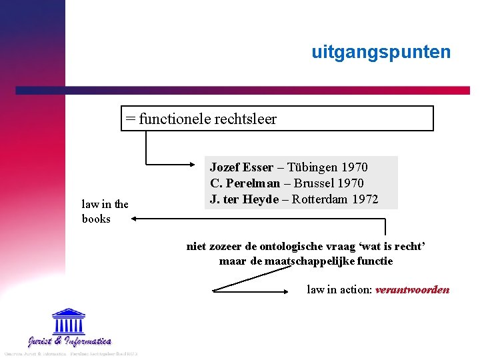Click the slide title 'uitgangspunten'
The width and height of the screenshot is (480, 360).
coord(381,52)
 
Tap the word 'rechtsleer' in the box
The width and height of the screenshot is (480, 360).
coord(245,119)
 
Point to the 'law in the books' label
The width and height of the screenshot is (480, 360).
coord(105,211)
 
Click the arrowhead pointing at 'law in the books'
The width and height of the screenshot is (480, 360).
coord(134,217)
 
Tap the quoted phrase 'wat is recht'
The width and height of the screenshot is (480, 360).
coord(389,247)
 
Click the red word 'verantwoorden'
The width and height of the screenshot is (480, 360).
coord(412,289)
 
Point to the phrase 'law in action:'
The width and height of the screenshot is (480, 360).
coord(339,289)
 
